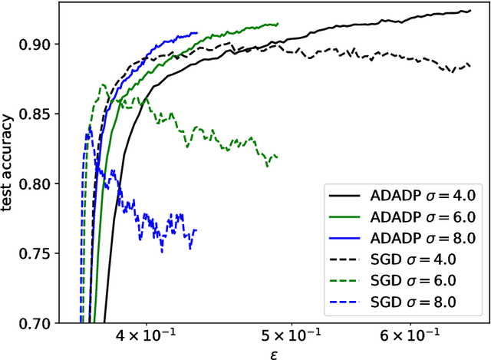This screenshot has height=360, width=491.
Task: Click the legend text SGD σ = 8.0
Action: click(x=413, y=303)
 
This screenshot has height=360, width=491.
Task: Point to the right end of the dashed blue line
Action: click(x=196, y=230)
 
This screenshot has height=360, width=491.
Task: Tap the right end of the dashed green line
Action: click(x=277, y=157)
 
